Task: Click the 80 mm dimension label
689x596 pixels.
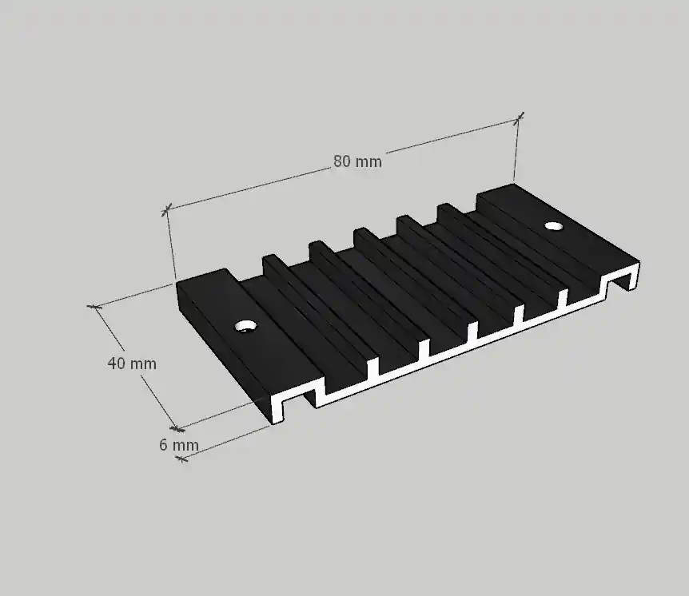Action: (357, 161)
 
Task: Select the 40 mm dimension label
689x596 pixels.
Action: (132, 364)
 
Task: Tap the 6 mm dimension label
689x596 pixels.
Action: (178, 445)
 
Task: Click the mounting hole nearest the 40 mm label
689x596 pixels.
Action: (245, 327)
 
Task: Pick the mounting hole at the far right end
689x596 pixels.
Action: (553, 226)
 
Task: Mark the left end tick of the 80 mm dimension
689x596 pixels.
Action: (166, 210)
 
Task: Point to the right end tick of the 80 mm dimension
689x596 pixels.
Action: (519, 118)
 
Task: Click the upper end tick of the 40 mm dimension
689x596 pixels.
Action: (95, 306)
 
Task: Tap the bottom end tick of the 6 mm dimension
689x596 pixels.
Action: (181, 459)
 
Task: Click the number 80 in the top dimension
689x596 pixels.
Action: (341, 161)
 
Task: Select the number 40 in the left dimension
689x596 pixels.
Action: (116, 364)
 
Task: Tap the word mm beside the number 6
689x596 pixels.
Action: (185, 445)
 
